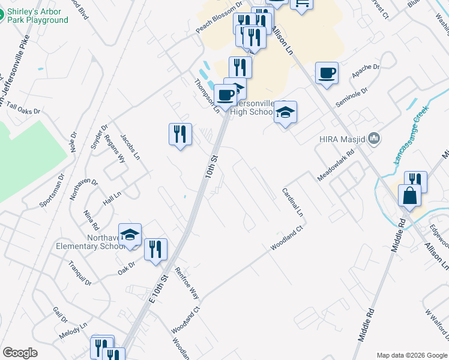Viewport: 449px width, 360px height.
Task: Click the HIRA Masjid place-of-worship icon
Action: click(375, 139)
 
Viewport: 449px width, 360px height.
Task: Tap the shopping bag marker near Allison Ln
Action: click(409, 196)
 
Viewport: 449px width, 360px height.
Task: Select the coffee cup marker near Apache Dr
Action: click(327, 73)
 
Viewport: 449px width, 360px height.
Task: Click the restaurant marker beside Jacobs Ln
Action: click(180, 134)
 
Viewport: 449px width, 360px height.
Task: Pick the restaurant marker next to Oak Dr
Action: click(155, 249)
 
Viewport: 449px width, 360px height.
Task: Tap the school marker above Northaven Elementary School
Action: click(130, 235)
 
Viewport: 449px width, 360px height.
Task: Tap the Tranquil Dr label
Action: click(79, 274)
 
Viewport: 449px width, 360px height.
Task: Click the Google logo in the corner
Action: click(20, 353)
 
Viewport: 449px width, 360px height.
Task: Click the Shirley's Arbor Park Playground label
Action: click(37, 16)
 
